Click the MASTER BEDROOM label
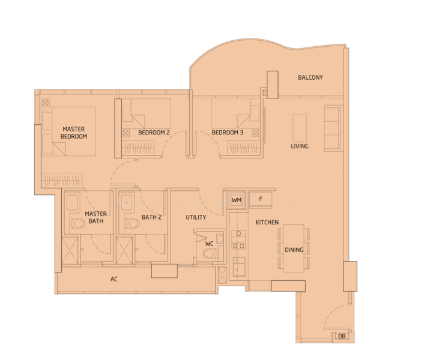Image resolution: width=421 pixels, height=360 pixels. coord(73,133)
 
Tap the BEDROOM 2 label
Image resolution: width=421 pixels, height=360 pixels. coord(154,133)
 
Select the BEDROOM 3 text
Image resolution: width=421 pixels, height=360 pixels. coord(227,133)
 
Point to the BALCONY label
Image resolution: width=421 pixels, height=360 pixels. coord(310,77)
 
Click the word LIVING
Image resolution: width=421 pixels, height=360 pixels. coord(299,146)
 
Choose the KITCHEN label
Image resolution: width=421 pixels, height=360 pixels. coord(267,223)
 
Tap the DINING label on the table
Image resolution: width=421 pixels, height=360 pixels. coord(294,250)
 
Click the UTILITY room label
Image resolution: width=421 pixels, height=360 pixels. coord(196,217)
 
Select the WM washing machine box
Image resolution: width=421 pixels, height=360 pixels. coord(237,199)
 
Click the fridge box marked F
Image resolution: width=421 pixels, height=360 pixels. coord(261,199)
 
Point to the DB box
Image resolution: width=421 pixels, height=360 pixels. coord(341,337)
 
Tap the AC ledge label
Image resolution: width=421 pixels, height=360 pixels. coord(114,280)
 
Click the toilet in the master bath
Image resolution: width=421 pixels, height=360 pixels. coord(77,224)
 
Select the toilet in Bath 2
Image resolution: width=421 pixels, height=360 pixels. coord(131,224)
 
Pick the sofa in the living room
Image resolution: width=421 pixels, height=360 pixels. coord(333,128)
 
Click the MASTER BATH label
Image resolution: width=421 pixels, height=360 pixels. coord(95,217)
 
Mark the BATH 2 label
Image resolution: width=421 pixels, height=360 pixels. coord(151,217)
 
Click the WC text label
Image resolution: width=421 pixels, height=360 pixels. coord(209,244)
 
